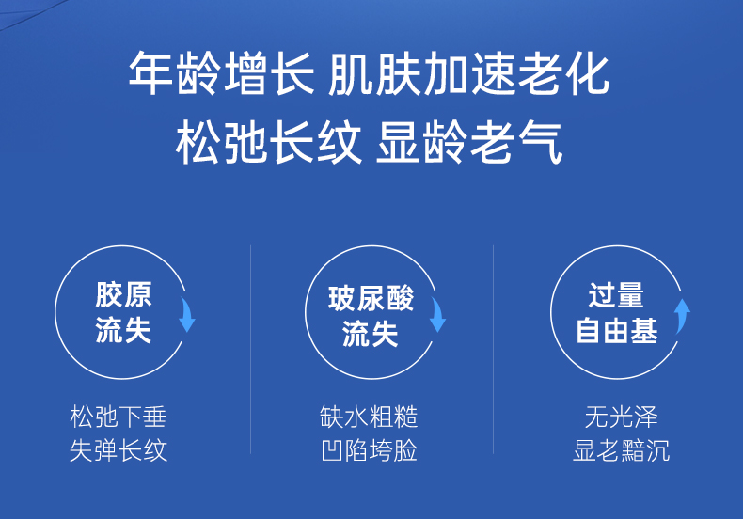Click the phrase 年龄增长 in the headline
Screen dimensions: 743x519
221,73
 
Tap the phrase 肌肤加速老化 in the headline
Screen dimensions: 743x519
468,73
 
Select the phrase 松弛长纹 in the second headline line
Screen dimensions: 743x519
268,142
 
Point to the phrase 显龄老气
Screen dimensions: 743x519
469,142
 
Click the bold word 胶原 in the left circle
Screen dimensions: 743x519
123,294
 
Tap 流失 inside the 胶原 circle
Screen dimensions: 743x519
123,330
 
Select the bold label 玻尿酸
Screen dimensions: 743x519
371,298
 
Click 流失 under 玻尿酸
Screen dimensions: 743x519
370,334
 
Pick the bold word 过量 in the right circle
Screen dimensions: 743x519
616,294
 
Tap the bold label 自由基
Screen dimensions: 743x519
617,330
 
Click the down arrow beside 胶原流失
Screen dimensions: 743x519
188,314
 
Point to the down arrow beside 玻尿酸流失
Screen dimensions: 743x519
438,314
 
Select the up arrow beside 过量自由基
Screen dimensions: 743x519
683,316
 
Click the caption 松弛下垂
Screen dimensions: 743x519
119,417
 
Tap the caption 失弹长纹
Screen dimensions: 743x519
119,449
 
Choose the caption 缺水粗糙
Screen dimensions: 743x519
369,417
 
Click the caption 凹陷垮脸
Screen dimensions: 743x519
369,449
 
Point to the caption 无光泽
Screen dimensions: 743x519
622,417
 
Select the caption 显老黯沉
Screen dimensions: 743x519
622,449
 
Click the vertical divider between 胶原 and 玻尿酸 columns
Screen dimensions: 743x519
251,350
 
